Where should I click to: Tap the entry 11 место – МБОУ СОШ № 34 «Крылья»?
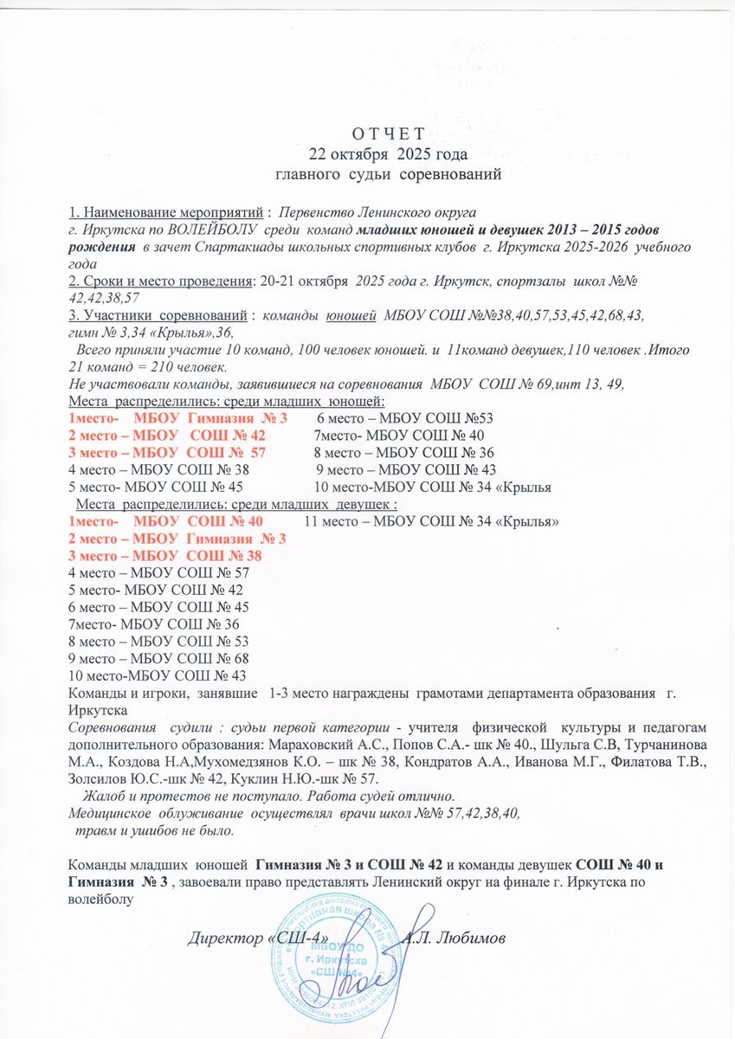432,521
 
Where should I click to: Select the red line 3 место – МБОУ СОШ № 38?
164,556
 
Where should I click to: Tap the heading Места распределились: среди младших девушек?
237,504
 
